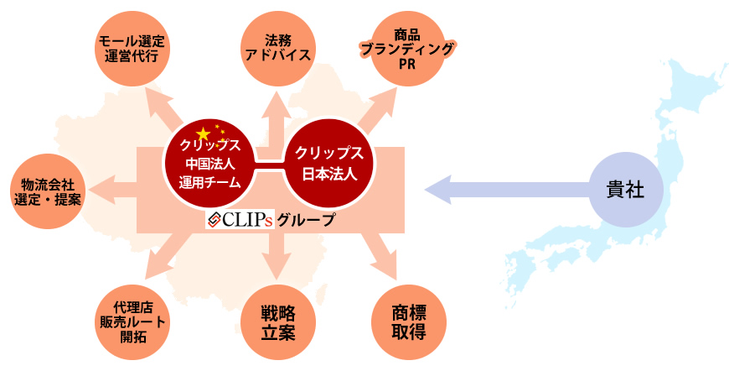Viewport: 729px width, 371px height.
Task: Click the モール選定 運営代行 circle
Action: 133,49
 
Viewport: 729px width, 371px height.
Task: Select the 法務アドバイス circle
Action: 278,49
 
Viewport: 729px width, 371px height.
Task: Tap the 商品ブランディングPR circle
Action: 409,49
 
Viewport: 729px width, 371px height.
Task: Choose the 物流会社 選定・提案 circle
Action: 48,191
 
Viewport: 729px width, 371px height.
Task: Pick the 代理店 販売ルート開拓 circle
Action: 133,322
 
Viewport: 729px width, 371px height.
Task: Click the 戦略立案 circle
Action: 278,322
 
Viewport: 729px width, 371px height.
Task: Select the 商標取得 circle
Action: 409,322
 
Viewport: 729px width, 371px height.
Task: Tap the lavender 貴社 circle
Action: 626,190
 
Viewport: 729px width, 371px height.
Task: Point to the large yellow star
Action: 203,134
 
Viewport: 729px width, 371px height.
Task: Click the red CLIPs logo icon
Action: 215,220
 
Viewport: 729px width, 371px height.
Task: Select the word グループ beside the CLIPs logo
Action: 306,220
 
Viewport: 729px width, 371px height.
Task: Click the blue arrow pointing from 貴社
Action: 508,190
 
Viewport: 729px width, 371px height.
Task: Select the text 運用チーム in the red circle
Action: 209,182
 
